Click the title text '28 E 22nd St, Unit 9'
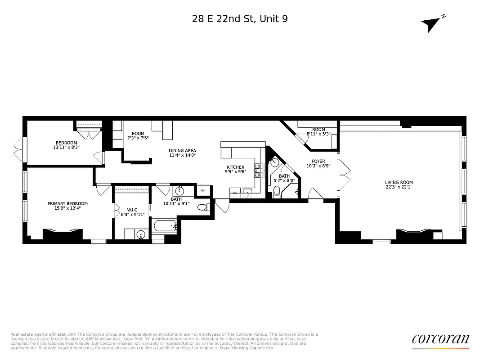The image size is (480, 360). coord(240,18)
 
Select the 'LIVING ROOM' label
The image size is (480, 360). coord(399,183)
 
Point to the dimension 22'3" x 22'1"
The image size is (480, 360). coord(399,188)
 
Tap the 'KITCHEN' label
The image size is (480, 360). coord(235,167)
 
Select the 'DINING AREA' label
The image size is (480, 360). coord(182,151)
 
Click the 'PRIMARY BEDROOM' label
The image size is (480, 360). coord(67,203)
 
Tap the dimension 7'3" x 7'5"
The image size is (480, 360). coord(138,138)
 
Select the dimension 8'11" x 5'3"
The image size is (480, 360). coord(319,134)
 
